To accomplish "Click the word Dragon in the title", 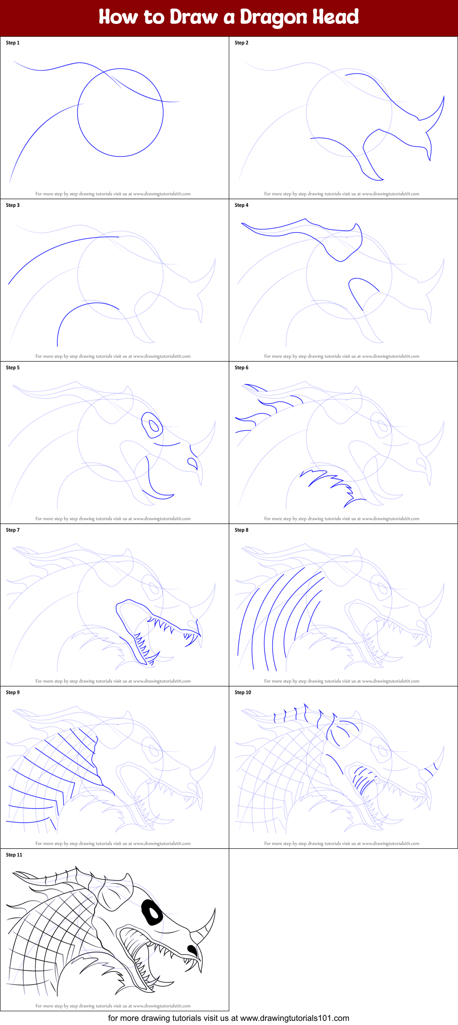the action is pos(274,17).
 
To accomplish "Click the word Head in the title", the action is pos(336,17).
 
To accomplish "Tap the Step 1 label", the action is pos(13,43).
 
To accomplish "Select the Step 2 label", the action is pos(242,43).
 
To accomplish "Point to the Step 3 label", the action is pos(13,205).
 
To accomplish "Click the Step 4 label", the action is pos(242,205).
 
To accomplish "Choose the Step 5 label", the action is pos(13,368).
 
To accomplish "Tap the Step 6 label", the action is pos(242,368).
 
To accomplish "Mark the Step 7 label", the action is pos(13,530).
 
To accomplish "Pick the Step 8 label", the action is pos(242,530).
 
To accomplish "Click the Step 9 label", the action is pos(13,692).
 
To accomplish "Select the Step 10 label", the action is pos(243,692).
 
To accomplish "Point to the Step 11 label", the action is pos(14,855).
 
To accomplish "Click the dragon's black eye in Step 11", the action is pos(152,912).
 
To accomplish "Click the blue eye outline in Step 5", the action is pos(152,425).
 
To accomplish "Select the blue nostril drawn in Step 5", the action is pos(193,463).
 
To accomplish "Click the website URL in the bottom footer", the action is pos(295,1018).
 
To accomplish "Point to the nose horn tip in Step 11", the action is pos(215,908).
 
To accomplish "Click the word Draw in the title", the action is pos(194,17).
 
